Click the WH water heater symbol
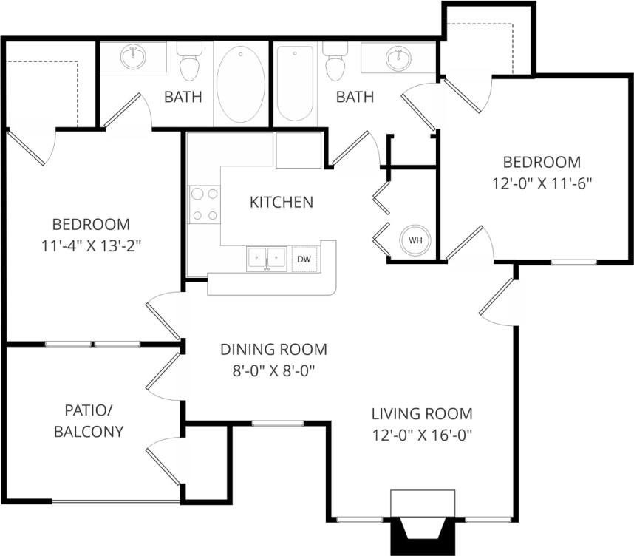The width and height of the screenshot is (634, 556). point(415,240)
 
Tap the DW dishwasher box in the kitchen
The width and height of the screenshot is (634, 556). point(304,259)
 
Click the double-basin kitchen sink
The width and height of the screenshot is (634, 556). point(266,259)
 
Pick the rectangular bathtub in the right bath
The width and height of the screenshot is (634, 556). point(295,83)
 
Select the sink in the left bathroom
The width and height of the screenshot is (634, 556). point(134,58)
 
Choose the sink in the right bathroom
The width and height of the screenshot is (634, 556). point(399,58)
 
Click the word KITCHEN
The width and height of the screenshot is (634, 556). point(281,202)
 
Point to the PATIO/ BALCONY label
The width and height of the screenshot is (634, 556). point(89,421)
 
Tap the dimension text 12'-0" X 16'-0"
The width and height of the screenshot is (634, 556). point(422,435)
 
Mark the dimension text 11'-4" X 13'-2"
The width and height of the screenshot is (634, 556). point(91,245)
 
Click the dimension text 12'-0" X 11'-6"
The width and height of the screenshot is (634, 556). point(542,183)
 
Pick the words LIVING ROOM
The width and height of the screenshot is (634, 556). point(422,413)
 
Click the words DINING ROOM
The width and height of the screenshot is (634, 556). point(273,350)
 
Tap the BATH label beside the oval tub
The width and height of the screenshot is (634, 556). point(183,97)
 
